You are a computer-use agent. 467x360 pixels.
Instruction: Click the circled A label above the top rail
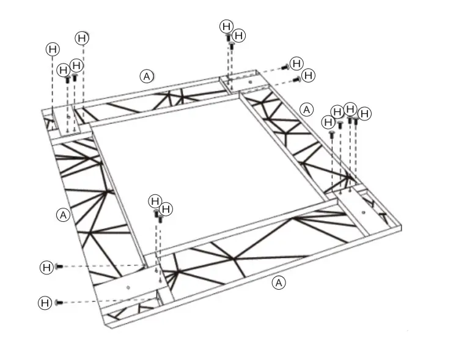click(147, 76)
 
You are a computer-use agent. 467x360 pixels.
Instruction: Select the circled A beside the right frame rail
click(307, 109)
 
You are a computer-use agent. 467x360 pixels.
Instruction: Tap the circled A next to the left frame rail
click(62, 215)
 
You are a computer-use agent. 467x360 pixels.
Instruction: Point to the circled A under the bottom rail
click(279, 282)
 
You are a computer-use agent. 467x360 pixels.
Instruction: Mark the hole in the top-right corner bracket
click(250, 82)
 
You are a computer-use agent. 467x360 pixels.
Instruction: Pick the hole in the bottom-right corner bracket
click(362, 212)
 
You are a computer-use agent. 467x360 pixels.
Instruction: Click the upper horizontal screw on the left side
click(59, 266)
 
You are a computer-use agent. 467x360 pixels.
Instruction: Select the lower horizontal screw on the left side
click(59, 302)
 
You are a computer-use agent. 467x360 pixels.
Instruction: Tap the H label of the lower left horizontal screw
click(45, 302)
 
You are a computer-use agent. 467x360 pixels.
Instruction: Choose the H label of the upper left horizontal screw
click(46, 266)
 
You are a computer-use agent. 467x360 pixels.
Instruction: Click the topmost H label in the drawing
click(227, 26)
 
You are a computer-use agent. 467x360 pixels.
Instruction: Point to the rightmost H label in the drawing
click(364, 114)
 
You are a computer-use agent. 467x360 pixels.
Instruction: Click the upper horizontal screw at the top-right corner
click(285, 67)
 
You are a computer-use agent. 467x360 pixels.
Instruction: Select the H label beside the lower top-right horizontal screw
click(309, 75)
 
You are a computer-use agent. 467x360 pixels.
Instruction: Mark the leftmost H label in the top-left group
click(53, 48)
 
